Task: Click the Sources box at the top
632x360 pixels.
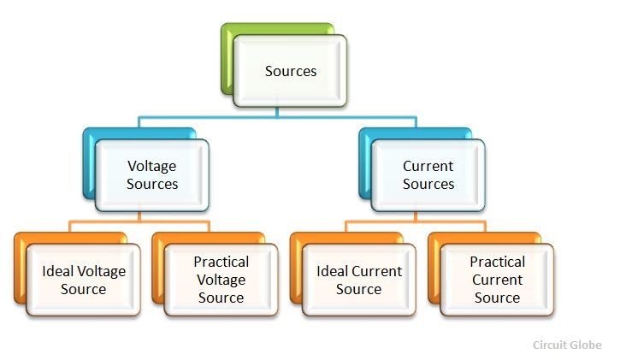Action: [291, 71]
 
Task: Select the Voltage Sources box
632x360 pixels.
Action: [152, 175]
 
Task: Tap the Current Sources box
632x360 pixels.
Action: [428, 175]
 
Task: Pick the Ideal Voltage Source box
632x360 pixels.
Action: [83, 280]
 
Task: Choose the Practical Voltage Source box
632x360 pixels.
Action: [221, 280]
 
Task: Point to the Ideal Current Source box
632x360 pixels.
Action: [358, 280]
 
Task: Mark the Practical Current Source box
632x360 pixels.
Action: [497, 280]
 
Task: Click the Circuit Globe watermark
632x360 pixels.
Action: [567, 345]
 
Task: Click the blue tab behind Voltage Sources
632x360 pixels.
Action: [89, 162]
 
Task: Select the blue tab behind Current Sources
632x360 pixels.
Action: [365, 162]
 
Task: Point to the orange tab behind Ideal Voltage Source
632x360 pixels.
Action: [20, 269]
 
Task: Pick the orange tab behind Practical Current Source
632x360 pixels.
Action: [434, 269]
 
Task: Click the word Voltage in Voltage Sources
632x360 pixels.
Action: [152, 166]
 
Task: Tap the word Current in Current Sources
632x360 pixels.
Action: [428, 166]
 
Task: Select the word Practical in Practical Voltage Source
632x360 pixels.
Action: [221, 262]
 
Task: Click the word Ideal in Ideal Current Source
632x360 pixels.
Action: [332, 271]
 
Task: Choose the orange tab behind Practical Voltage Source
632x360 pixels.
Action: [157, 269]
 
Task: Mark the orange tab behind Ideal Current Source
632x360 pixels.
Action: [296, 269]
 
